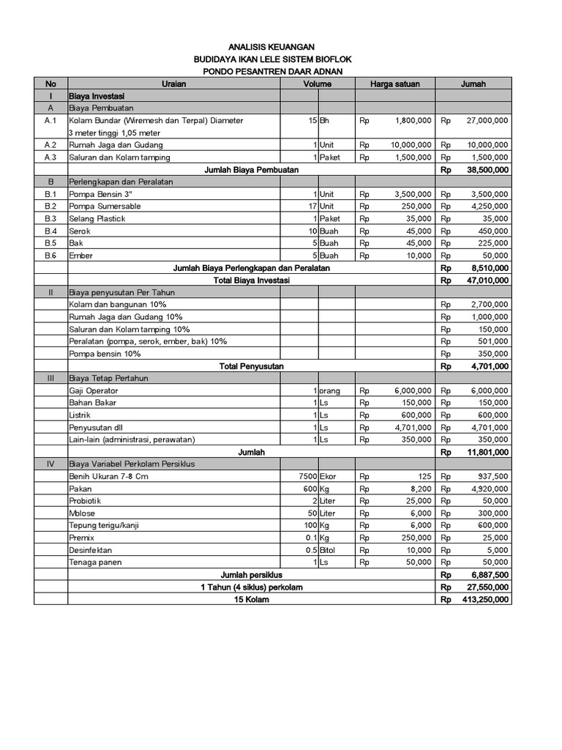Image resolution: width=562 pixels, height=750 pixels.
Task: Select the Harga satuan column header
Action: pyautogui.click(x=394, y=83)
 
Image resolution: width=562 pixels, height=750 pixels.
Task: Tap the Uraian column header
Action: pyautogui.click(x=173, y=83)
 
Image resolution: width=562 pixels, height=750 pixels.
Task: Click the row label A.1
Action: pyautogui.click(x=50, y=120)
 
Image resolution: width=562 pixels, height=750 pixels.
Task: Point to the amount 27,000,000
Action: pyautogui.click(x=487, y=120)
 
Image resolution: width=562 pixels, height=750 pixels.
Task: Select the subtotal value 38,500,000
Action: pyautogui.click(x=487, y=169)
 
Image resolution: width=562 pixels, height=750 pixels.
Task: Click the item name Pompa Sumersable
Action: pyautogui.click(x=105, y=207)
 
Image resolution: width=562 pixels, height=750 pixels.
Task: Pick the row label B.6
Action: pyautogui.click(x=50, y=256)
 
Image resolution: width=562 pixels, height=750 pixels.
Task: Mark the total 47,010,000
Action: pyautogui.click(x=487, y=280)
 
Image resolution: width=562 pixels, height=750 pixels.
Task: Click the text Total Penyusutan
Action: pyautogui.click(x=252, y=365)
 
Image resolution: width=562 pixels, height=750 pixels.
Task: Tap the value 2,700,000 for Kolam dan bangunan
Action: pyautogui.click(x=490, y=304)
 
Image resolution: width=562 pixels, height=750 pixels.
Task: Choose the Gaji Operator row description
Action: pyautogui.click(x=93, y=390)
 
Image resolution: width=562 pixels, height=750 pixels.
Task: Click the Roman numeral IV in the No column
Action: pyautogui.click(x=50, y=464)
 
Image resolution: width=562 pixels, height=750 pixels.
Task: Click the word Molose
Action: pyautogui.click(x=82, y=513)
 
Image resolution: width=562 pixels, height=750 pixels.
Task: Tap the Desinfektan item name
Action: pyautogui.click(x=91, y=550)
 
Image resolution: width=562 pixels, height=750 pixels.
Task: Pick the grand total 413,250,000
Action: pyautogui.click(x=485, y=599)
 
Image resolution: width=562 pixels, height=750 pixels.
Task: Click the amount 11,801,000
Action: pyautogui.click(x=487, y=452)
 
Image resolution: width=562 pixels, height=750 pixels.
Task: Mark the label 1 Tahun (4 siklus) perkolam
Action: pyautogui.click(x=252, y=587)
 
